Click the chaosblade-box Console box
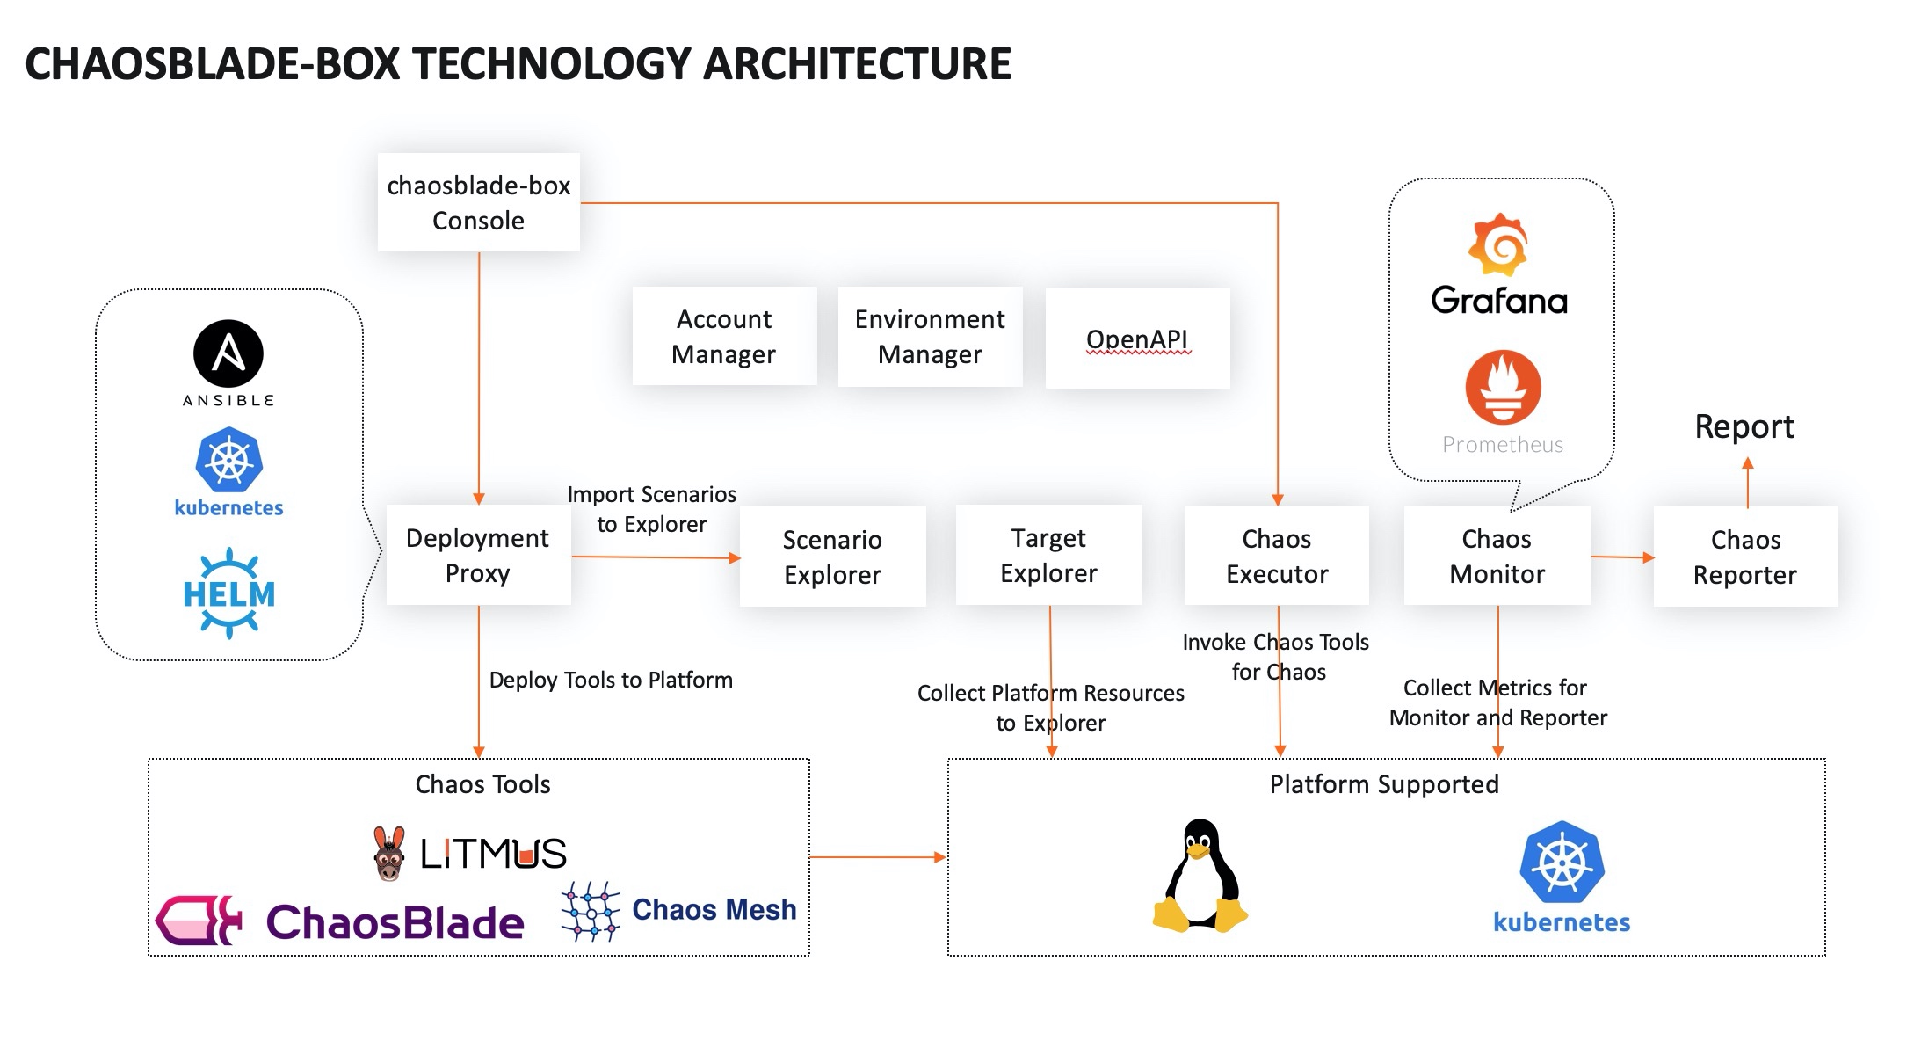point(478,203)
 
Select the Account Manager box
point(724,337)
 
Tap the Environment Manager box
point(930,337)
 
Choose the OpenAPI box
point(1137,339)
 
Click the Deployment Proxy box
point(478,556)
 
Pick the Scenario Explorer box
point(832,557)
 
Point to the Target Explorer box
point(1048,556)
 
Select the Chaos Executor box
point(1276,557)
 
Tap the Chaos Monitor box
point(1497,557)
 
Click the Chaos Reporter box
point(1745,557)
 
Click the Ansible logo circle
point(228,353)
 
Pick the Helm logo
point(228,593)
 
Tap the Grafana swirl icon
point(1498,244)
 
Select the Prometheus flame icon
point(1503,388)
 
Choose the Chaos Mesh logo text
point(714,909)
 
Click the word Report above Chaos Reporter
point(1744,427)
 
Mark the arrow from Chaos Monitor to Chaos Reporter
point(1621,557)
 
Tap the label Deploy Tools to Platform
point(611,681)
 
